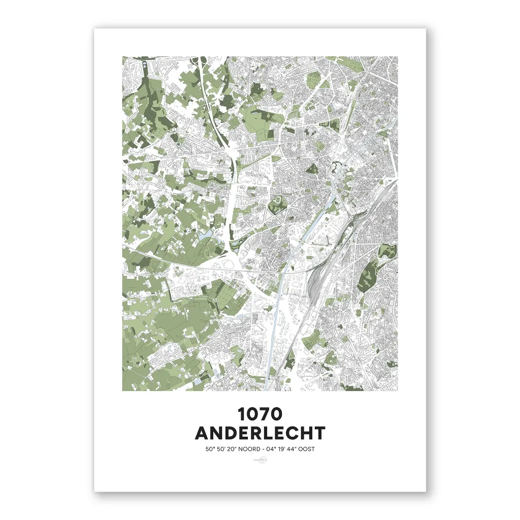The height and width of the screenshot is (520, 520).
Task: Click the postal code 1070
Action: point(260,414)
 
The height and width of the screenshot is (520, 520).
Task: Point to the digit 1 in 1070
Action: point(242,414)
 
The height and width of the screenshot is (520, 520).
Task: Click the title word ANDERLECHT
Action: point(260,433)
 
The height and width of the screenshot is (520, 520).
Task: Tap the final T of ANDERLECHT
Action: point(319,433)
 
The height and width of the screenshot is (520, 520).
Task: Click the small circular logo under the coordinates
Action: point(260,461)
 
